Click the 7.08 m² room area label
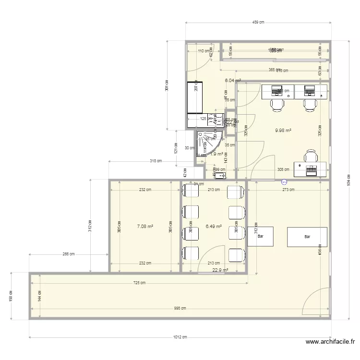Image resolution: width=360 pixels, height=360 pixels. point(144,227)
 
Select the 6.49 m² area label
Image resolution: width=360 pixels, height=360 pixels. point(213,227)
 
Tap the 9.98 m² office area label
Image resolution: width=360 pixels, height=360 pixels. point(283,130)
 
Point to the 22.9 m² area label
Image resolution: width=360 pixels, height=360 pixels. point(220,270)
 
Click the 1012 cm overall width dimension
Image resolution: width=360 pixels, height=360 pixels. point(180,337)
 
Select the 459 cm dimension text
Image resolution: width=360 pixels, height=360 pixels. point(258,22)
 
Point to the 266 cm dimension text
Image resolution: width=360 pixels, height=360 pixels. point(69,254)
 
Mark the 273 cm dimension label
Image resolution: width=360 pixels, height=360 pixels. point(288,190)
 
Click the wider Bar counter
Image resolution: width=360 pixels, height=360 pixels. point(307,237)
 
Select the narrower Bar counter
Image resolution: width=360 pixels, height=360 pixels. point(260,237)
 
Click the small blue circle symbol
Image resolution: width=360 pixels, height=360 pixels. point(284,182)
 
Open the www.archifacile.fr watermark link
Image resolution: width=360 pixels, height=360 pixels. point(330,342)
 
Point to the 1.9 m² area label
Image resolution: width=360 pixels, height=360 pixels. point(216,154)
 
